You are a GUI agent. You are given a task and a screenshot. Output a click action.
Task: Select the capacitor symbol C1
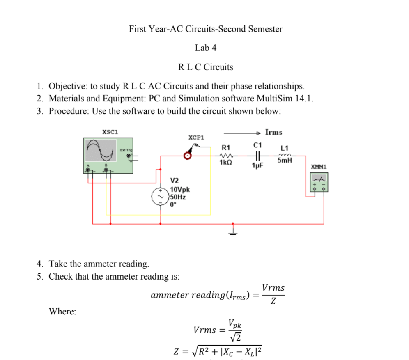click(x=257, y=156)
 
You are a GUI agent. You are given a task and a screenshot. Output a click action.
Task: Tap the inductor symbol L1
click(x=284, y=155)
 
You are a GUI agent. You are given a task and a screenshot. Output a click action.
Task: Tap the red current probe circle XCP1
click(x=188, y=156)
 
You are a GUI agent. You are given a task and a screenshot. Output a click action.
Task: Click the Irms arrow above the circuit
click(x=242, y=133)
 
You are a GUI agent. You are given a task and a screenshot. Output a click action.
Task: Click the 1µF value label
click(x=257, y=166)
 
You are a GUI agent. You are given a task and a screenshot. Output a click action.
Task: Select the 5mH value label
click(x=285, y=161)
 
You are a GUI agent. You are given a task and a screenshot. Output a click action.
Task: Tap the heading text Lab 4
click(x=206, y=48)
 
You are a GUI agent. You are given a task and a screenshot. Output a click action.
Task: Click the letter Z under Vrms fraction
click(x=273, y=303)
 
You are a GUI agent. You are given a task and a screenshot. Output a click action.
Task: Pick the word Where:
click(x=62, y=312)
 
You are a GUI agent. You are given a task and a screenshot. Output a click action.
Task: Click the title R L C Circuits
click(x=206, y=67)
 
